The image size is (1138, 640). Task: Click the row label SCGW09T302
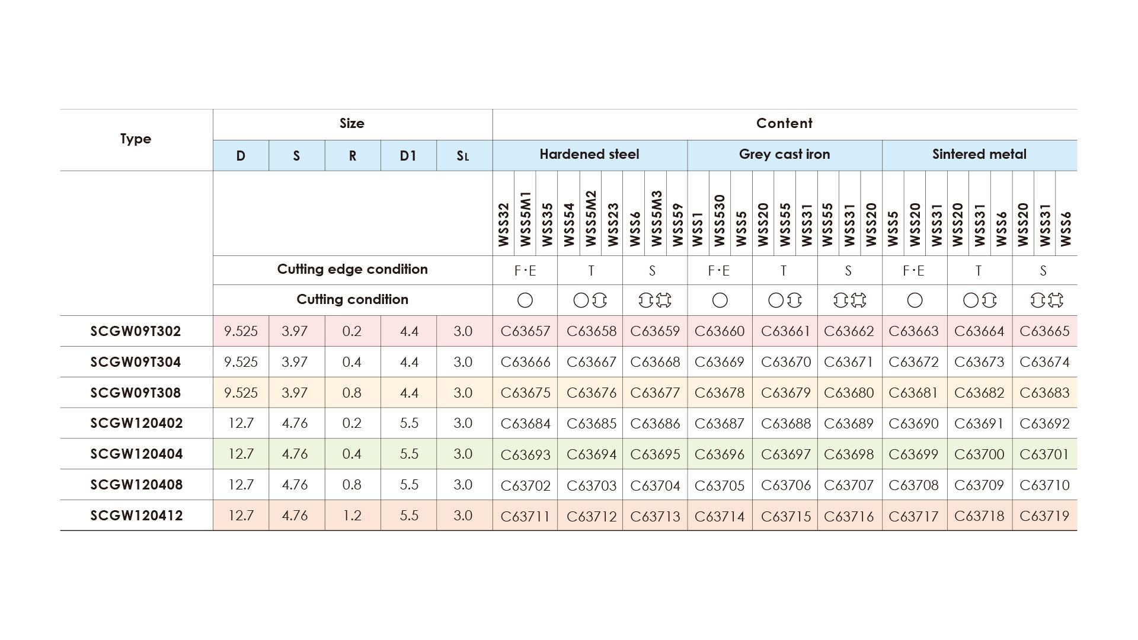pyautogui.click(x=136, y=331)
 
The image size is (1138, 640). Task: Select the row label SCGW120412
pyautogui.click(x=136, y=516)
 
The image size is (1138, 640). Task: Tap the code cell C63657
pyautogui.click(x=525, y=331)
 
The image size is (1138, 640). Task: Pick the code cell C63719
pyautogui.click(x=1044, y=516)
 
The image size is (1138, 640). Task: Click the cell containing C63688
pyautogui.click(x=785, y=424)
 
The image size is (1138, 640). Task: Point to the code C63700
pyautogui.click(x=979, y=455)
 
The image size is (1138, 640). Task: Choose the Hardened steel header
pyautogui.click(x=589, y=155)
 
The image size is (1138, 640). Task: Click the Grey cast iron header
pyautogui.click(x=784, y=155)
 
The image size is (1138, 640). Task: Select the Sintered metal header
pyautogui.click(x=979, y=155)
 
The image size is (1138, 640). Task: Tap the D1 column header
pyautogui.click(x=408, y=156)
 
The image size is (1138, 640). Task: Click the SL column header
pyautogui.click(x=463, y=156)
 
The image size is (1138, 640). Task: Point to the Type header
pyautogui.click(x=136, y=139)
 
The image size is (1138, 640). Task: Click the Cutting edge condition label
pyautogui.click(x=352, y=270)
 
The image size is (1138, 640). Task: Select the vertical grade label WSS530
pyautogui.click(x=720, y=220)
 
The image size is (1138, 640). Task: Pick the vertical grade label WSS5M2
pyautogui.click(x=590, y=218)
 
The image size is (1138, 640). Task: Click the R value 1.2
pyautogui.click(x=352, y=516)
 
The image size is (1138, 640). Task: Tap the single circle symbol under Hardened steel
pyautogui.click(x=525, y=300)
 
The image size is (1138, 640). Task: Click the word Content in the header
pyautogui.click(x=784, y=123)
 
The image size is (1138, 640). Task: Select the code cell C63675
pyautogui.click(x=525, y=393)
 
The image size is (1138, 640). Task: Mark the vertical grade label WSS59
pyautogui.click(x=677, y=225)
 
